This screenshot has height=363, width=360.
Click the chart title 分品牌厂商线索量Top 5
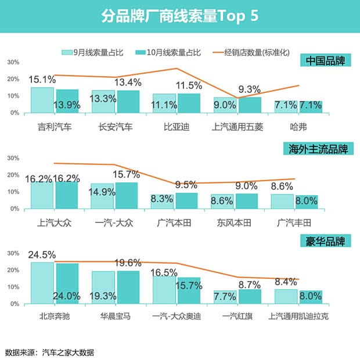point(179,16)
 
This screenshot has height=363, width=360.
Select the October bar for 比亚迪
point(189,103)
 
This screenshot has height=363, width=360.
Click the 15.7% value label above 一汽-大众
point(127,174)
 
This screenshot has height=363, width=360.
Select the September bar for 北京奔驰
point(42,283)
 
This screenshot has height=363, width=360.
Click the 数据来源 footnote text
point(49,352)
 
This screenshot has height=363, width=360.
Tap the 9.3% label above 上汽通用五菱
point(249,89)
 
